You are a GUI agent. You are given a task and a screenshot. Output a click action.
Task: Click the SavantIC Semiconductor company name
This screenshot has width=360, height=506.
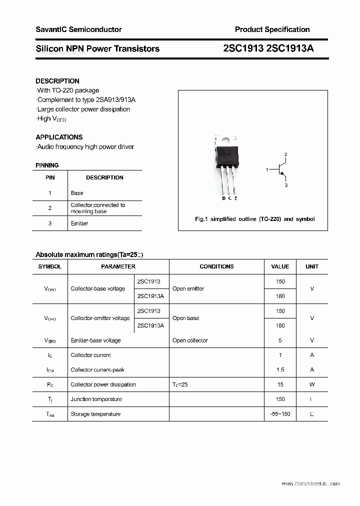[x=78, y=29]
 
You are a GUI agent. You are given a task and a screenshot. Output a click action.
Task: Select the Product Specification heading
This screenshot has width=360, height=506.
[x=272, y=29]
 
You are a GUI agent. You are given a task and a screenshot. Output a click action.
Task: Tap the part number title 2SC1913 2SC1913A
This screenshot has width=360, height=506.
[x=268, y=48]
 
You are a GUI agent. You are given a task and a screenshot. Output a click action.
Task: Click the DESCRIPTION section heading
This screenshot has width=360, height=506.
[x=57, y=81]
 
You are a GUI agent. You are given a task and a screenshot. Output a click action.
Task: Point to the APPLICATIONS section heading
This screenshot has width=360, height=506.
[x=59, y=137]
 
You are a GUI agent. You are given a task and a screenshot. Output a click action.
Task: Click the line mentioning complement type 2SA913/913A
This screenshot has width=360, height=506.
[x=86, y=100]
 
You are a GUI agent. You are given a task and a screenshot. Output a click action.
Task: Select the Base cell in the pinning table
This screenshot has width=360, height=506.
[x=77, y=193]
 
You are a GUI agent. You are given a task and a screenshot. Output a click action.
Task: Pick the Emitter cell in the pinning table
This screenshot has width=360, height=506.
[x=79, y=223]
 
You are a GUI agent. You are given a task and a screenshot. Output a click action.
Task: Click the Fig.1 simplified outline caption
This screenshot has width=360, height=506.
[x=254, y=219]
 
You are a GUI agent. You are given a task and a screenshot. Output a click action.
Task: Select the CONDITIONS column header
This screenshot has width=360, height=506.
[x=216, y=266]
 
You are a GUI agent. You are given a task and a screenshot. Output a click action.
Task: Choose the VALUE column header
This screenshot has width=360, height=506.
[x=280, y=266]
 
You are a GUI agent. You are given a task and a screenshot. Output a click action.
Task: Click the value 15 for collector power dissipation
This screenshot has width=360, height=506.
[x=280, y=384]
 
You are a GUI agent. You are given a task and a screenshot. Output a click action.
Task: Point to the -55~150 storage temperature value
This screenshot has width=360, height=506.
[x=280, y=414]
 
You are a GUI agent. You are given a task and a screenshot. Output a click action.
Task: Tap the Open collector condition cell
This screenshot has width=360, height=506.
[x=190, y=340]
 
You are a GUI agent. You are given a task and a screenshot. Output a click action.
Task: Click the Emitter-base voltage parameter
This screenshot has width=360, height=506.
[x=96, y=340]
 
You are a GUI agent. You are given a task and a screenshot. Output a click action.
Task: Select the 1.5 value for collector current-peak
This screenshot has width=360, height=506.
[x=280, y=370]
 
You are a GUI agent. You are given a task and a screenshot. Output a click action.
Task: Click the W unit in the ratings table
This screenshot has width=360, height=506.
[x=312, y=384]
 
